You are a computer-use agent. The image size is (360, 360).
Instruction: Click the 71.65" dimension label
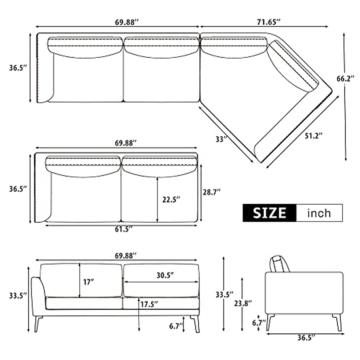click(268, 22)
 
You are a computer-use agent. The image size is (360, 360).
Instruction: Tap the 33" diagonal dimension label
click(221, 139)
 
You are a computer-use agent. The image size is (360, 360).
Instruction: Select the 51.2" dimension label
click(313, 136)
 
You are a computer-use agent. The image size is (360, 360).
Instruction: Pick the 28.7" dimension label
click(212, 192)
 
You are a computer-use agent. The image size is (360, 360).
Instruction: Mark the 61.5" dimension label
click(123, 229)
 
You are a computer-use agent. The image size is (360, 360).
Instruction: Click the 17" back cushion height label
click(88, 282)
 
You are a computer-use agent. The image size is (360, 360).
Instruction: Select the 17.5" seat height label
click(149, 304)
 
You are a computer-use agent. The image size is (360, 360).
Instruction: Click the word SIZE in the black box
click(269, 213)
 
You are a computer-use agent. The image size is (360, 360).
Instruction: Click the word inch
click(319, 213)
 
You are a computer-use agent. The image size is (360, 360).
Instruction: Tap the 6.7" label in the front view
click(176, 326)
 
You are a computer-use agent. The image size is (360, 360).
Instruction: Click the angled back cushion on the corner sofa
click(292, 66)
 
